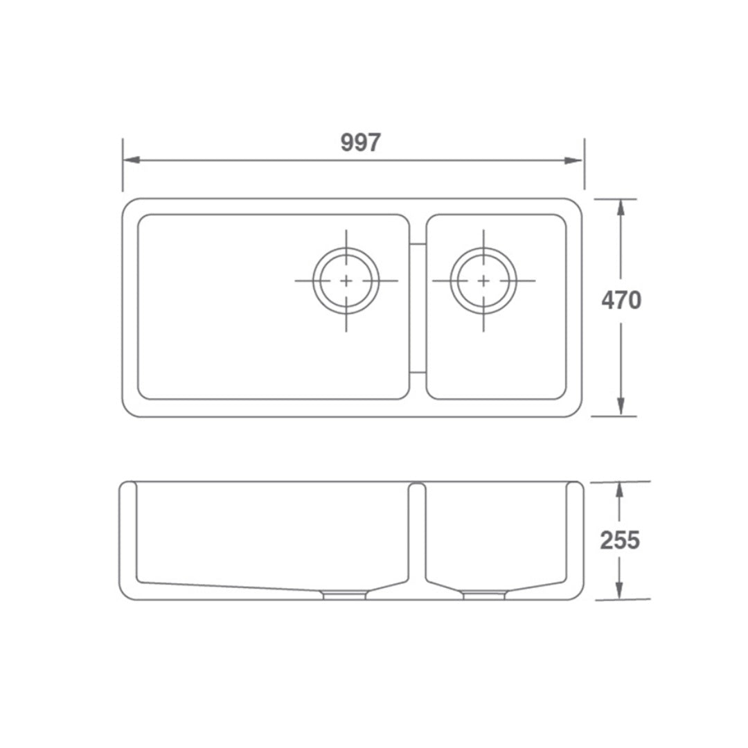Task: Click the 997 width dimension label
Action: point(360,143)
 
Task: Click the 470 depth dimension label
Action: point(621,301)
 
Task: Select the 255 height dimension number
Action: point(620,540)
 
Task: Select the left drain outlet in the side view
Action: point(344,594)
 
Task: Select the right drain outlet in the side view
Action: point(484,594)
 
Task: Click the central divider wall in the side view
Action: point(416,533)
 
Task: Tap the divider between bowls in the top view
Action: point(417,308)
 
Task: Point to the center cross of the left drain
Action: point(346,280)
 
